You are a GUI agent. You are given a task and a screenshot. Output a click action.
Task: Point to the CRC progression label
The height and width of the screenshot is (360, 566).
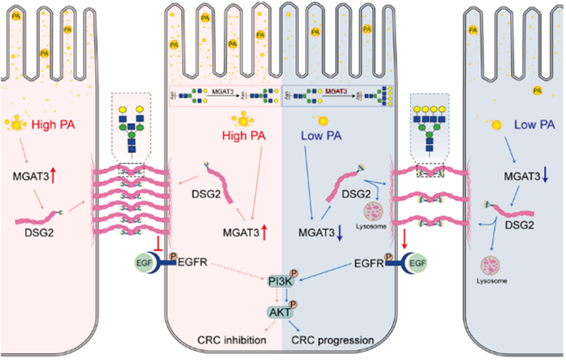333,340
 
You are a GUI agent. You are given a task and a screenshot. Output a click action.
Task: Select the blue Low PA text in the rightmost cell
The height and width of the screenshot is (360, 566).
534,125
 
